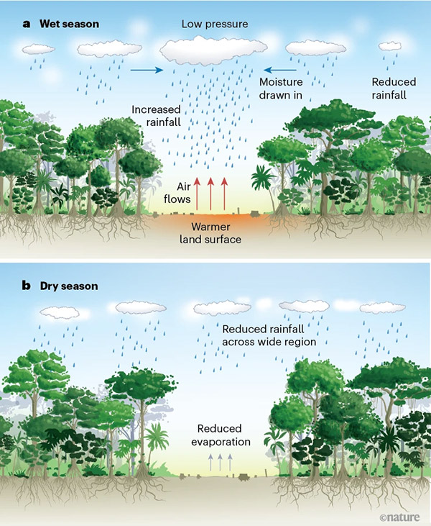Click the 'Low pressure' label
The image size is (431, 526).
(x=215, y=24)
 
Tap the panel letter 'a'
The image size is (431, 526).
(x=27, y=24)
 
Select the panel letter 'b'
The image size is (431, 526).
(x=27, y=286)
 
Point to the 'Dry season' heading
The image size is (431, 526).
(x=70, y=286)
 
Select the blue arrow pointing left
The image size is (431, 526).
(x=276, y=71)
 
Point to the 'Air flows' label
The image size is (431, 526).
(x=178, y=192)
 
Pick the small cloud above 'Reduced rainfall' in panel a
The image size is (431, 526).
(x=390, y=46)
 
